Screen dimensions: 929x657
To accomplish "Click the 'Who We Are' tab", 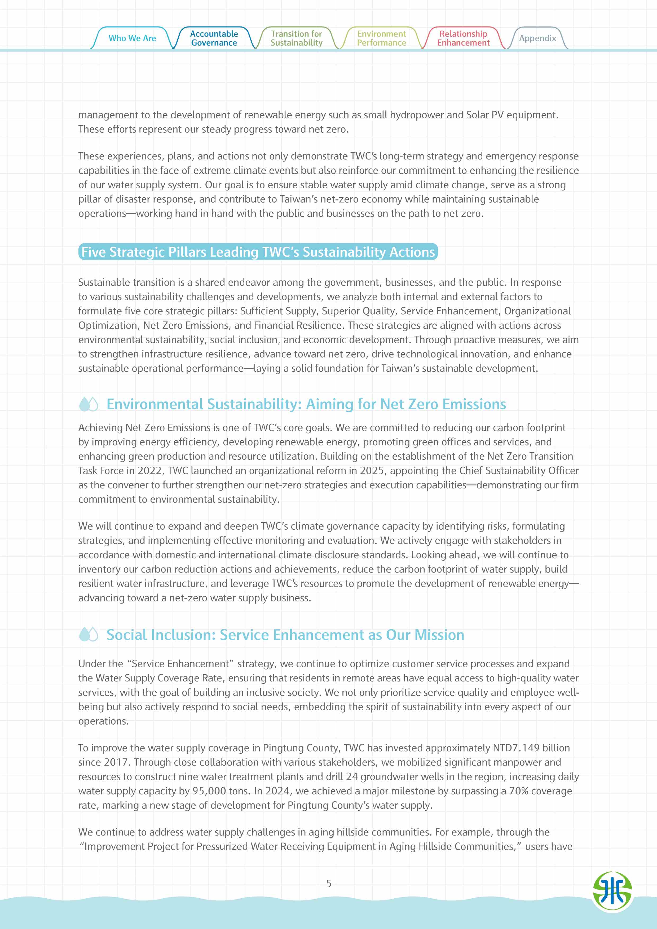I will (132, 38).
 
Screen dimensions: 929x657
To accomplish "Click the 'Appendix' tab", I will (537, 38).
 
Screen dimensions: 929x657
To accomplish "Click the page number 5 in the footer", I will (328, 883).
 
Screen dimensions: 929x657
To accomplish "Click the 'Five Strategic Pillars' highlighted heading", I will (258, 252).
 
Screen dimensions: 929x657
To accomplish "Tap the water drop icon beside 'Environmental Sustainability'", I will (88, 404).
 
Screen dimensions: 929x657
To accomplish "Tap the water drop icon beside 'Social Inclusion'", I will (88, 635).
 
